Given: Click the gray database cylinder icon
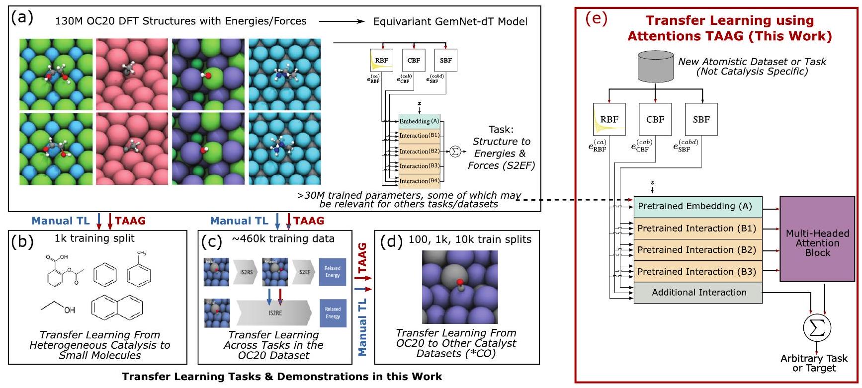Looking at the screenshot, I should (655, 67).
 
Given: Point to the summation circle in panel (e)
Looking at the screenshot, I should (817, 328).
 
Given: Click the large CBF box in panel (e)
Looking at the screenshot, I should (655, 120).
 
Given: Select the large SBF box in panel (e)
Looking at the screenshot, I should (701, 120).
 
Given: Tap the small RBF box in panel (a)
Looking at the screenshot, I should (381, 61).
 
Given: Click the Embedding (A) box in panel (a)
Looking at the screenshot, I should (419, 121).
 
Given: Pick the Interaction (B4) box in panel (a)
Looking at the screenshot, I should (419, 181).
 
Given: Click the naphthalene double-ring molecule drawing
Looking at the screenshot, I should (117, 307).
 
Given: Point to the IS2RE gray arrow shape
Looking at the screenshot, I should (274, 313).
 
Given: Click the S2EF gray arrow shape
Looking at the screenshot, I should (304, 272).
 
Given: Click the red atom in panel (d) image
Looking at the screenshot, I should (460, 283).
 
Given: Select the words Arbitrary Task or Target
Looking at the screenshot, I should (813, 363).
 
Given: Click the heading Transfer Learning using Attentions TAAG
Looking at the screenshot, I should (729, 28).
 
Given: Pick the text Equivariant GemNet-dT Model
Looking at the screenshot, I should (450, 21).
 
